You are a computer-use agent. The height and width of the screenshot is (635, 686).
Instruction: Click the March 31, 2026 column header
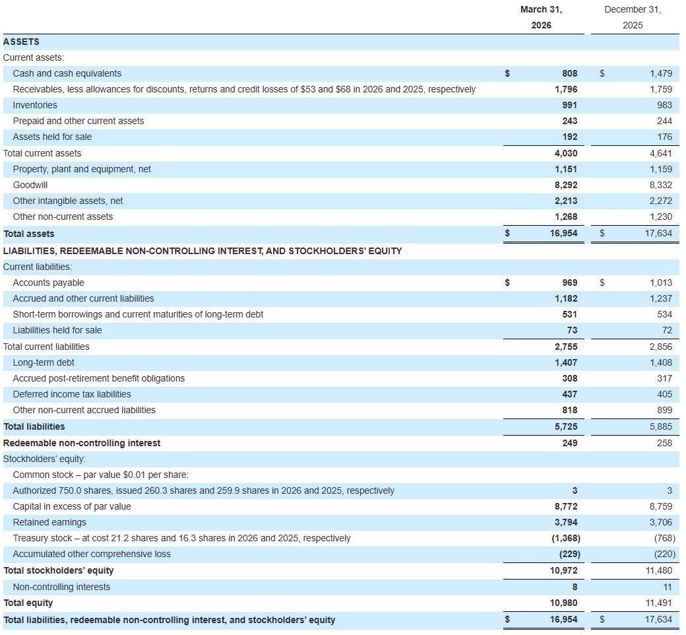pos(541,17)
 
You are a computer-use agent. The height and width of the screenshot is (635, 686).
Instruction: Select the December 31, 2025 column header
pos(633,17)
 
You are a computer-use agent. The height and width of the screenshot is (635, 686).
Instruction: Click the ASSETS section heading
pos(21,42)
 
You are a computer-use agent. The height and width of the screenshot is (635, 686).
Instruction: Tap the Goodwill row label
pos(30,185)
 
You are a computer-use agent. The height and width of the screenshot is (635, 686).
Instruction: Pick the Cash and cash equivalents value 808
pos(570,73)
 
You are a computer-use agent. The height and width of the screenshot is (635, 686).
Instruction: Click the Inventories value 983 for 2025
pos(665,105)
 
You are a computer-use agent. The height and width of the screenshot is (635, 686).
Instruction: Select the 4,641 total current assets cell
pos(661,153)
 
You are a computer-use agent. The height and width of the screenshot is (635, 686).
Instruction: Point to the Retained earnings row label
pos(49,522)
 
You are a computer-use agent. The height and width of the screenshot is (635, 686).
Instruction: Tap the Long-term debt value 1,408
pos(661,362)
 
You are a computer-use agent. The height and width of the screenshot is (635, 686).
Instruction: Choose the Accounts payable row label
pos(48,283)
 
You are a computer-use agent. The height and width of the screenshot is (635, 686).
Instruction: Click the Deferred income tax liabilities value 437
pos(570,394)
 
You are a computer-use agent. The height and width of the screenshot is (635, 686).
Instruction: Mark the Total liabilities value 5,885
pos(661,426)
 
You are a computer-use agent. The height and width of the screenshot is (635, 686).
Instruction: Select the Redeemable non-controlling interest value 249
pos(570,443)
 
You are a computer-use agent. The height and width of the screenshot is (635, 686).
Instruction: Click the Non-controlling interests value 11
pos(668,587)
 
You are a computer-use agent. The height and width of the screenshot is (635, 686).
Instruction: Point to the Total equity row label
pos(28,603)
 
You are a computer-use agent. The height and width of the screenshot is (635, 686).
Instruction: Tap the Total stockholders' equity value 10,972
pos(563,570)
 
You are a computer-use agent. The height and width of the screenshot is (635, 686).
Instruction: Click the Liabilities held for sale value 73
pos(573,330)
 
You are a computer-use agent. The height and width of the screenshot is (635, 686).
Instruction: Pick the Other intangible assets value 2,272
pos(661,201)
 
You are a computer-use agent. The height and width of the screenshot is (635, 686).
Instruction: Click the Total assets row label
pos(29,234)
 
